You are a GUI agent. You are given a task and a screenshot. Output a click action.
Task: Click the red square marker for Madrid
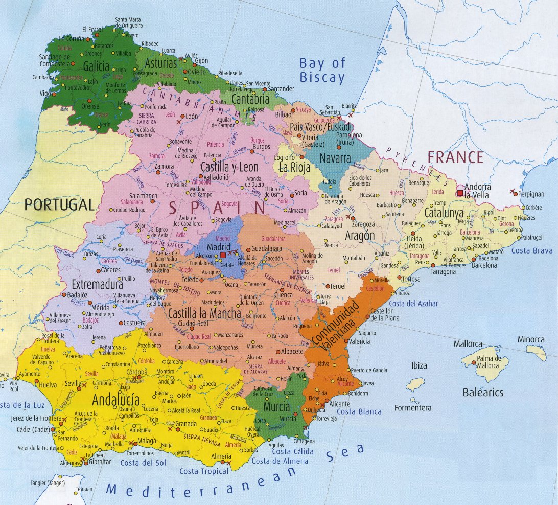[223, 255]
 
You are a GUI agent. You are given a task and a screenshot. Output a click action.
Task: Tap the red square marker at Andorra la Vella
[460, 193]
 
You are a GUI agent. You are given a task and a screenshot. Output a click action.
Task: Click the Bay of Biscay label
[322, 71]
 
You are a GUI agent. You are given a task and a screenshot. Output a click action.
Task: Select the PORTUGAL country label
[59, 205]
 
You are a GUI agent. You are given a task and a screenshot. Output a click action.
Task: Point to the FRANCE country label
[455, 157]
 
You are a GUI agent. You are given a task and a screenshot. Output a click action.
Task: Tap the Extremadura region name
[97, 284]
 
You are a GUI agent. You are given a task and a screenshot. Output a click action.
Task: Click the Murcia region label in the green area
[276, 407]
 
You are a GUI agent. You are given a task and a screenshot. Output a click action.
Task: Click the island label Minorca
[531, 339]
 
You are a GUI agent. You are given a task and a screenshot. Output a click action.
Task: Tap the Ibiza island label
[418, 365]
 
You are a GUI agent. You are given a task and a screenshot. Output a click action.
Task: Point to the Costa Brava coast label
[532, 250]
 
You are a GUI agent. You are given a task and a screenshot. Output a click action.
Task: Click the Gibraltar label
[100, 462]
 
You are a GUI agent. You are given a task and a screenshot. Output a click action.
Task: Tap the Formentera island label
[413, 408]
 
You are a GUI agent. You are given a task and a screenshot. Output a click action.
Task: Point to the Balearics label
[483, 393]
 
